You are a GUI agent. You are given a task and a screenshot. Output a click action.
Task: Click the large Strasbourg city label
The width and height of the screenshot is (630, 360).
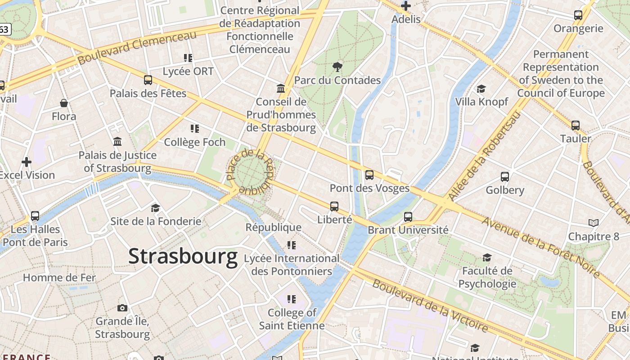183,256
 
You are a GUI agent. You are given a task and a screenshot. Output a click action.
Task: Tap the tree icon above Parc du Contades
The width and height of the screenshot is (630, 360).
337,67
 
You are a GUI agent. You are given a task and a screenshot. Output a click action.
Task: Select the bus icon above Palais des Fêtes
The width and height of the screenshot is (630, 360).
148,80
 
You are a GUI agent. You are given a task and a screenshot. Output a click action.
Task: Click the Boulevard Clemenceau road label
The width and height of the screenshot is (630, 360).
137,47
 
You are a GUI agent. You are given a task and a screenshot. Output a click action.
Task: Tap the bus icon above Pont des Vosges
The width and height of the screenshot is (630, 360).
369,175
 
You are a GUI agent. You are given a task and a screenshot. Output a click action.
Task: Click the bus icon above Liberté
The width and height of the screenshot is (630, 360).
334,206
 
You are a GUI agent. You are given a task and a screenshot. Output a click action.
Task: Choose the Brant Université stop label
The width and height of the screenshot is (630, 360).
408,230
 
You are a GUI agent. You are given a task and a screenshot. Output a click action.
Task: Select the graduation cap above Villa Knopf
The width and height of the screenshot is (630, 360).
481,89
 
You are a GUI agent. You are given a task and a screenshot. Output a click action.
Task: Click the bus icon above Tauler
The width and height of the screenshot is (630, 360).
576,125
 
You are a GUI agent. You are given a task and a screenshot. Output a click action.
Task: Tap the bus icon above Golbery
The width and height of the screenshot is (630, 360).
505,176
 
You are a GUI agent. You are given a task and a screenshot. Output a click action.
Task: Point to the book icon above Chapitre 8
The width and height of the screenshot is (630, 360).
594,223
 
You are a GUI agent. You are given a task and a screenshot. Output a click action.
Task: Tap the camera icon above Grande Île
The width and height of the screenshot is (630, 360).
122,308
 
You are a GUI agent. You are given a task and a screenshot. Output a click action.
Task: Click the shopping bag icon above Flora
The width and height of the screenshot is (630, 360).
64,103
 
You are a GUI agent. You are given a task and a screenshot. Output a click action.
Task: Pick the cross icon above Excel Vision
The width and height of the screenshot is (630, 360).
27,162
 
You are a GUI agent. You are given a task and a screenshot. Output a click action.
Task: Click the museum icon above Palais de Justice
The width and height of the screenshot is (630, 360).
117,142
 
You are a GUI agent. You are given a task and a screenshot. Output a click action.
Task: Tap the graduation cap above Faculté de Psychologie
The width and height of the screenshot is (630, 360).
487,257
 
